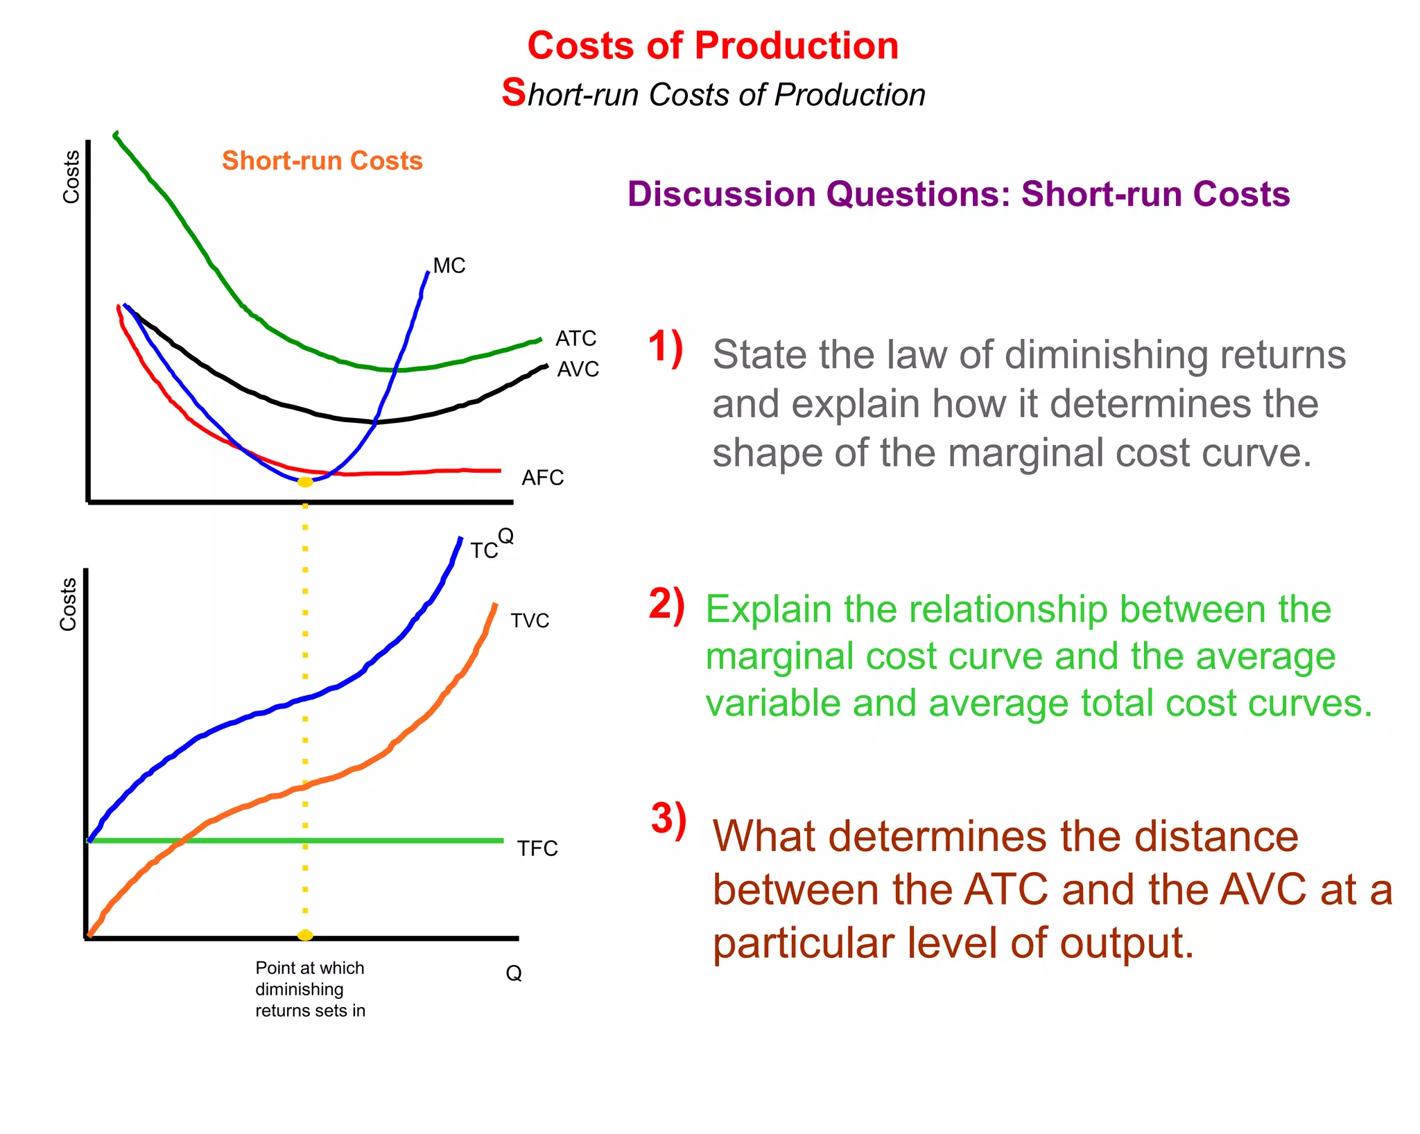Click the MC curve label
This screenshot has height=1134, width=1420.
pyautogui.click(x=449, y=265)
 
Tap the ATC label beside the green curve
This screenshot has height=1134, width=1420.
pyautogui.click(x=575, y=338)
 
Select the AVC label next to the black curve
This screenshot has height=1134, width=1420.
pyautogui.click(x=578, y=369)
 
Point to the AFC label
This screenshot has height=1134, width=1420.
pyautogui.click(x=542, y=478)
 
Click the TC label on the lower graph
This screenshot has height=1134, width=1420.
pyautogui.click(x=483, y=551)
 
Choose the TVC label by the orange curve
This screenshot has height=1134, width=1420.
pyautogui.click(x=530, y=620)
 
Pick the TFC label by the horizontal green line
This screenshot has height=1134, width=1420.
pyautogui.click(x=537, y=848)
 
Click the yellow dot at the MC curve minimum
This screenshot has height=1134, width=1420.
pyautogui.click(x=305, y=482)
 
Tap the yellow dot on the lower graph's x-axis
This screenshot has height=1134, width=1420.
pyautogui.click(x=305, y=935)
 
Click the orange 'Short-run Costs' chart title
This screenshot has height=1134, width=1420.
pyautogui.click(x=322, y=161)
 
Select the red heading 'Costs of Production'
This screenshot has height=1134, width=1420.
pyautogui.click(x=713, y=46)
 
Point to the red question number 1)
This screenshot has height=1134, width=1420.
pyautogui.click(x=665, y=347)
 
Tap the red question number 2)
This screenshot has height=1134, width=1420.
pyautogui.click(x=666, y=604)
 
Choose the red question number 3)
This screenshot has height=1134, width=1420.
pyautogui.click(x=668, y=819)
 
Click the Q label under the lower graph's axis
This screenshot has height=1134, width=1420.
pyautogui.click(x=513, y=973)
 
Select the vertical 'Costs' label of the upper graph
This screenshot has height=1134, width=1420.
pyautogui.click(x=71, y=177)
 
